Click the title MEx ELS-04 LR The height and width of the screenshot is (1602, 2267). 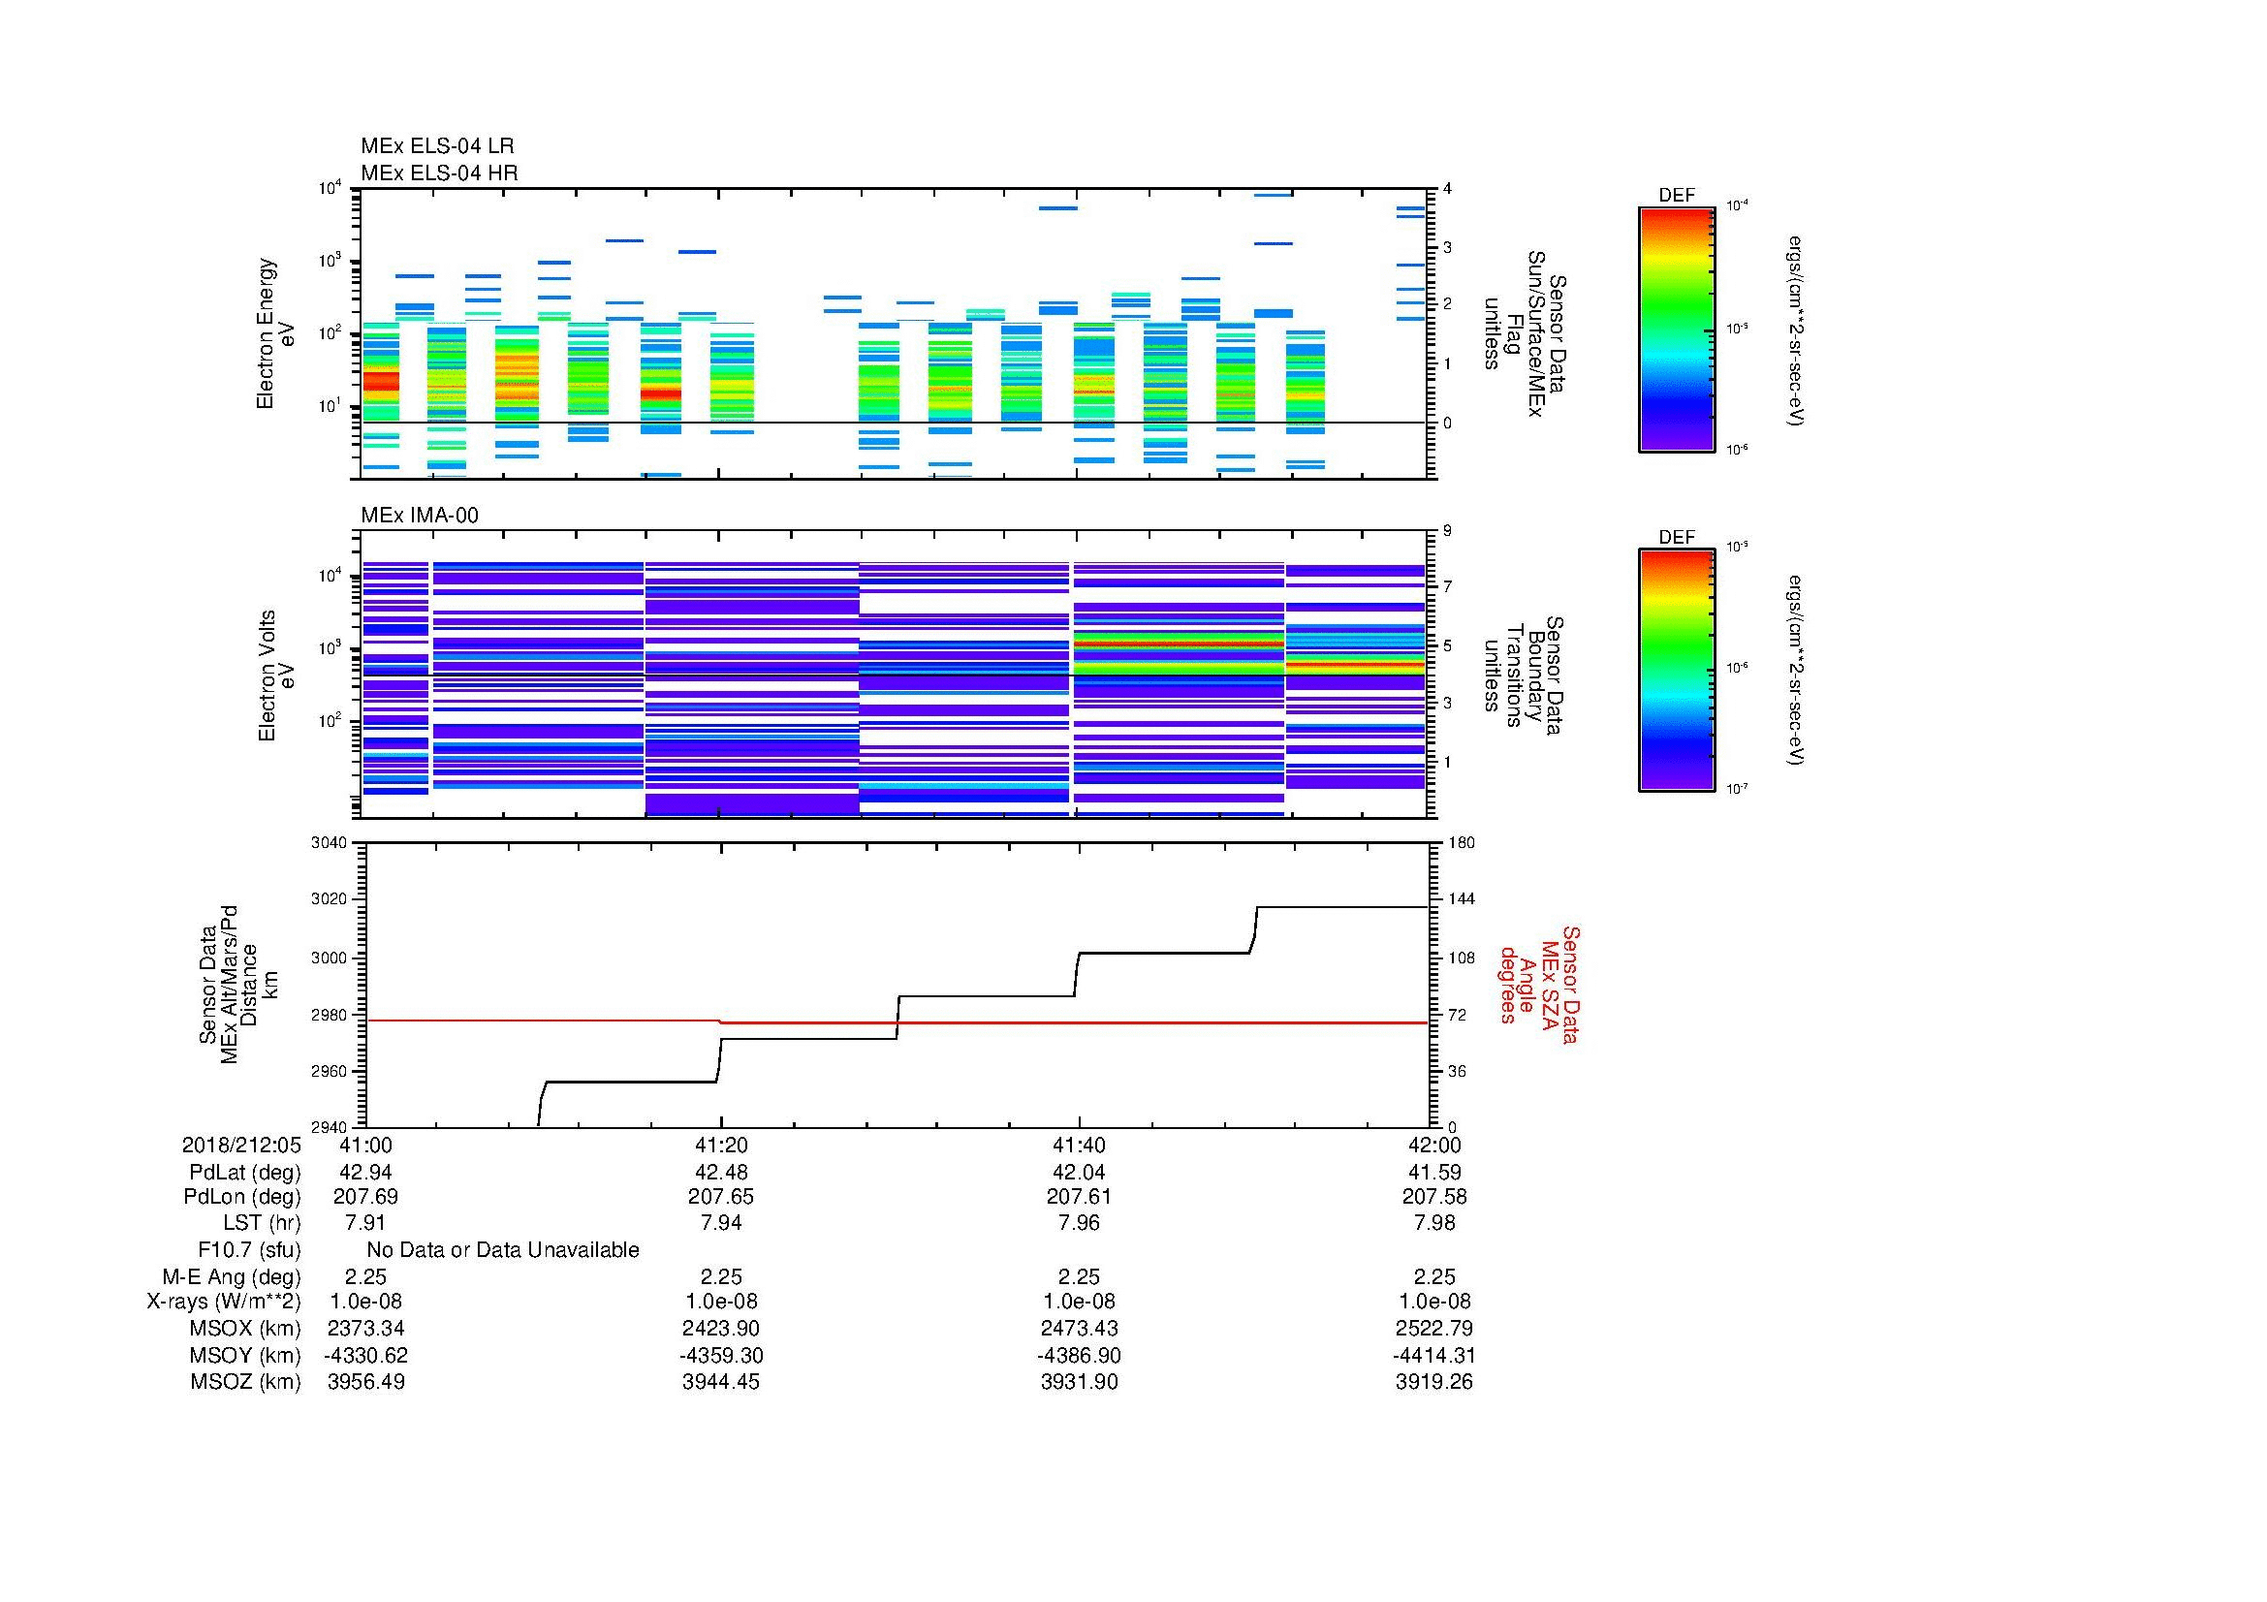point(437,146)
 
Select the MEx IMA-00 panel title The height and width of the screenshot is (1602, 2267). point(420,516)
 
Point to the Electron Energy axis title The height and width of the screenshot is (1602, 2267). point(276,333)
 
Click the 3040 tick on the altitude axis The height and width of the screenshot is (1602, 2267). point(331,842)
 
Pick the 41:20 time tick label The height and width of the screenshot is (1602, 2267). point(721,1146)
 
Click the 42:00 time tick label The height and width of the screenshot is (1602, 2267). point(1434,1146)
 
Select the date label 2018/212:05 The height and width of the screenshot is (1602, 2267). point(241,1146)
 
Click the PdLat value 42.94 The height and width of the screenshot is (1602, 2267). point(365,1173)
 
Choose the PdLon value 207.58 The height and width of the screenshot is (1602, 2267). point(1434,1197)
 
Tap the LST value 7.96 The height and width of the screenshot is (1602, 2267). point(1078,1223)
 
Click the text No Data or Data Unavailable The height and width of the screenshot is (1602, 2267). point(503,1250)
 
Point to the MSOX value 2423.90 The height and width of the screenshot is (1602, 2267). point(721,1329)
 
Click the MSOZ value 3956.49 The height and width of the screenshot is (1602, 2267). point(365,1382)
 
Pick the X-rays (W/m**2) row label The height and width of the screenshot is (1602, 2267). point(223,1302)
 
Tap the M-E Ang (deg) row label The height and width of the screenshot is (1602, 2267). point(231,1276)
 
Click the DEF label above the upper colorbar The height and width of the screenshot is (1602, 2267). point(1677,196)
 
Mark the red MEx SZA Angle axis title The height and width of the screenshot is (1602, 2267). point(1537,984)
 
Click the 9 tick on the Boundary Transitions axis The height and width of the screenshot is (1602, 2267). point(1447,531)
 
